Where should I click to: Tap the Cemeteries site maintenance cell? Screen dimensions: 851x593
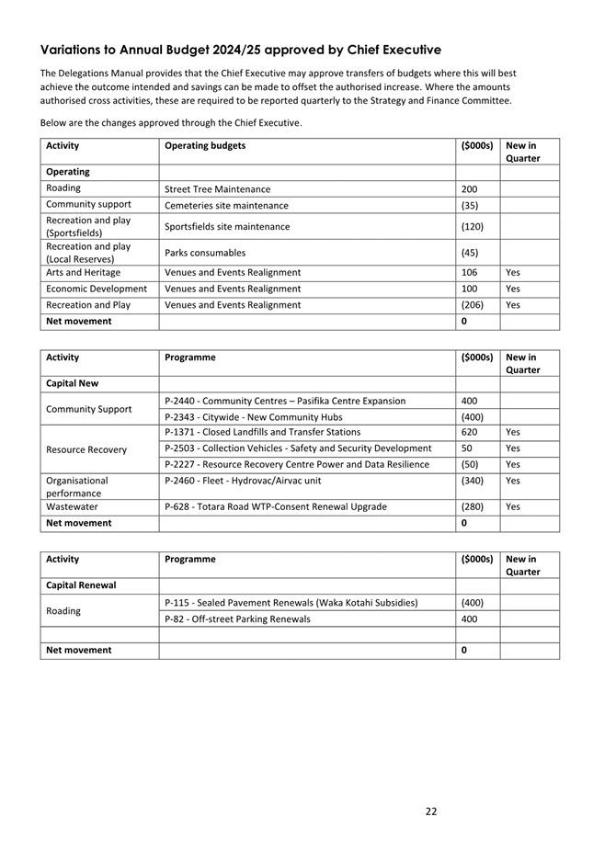click(225, 206)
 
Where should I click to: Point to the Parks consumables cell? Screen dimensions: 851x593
click(205, 253)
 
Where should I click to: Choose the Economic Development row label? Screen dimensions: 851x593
click(96, 289)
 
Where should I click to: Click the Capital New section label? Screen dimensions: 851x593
click(72, 383)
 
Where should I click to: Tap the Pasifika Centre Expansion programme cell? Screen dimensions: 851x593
click(284, 401)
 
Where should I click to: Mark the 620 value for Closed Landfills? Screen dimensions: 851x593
click(469, 432)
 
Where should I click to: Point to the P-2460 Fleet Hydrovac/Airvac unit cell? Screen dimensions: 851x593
click(243, 480)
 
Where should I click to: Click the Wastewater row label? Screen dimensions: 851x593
click(72, 506)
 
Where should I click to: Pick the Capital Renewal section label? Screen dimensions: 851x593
click(78, 584)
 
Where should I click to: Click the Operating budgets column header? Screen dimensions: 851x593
click(204, 145)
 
